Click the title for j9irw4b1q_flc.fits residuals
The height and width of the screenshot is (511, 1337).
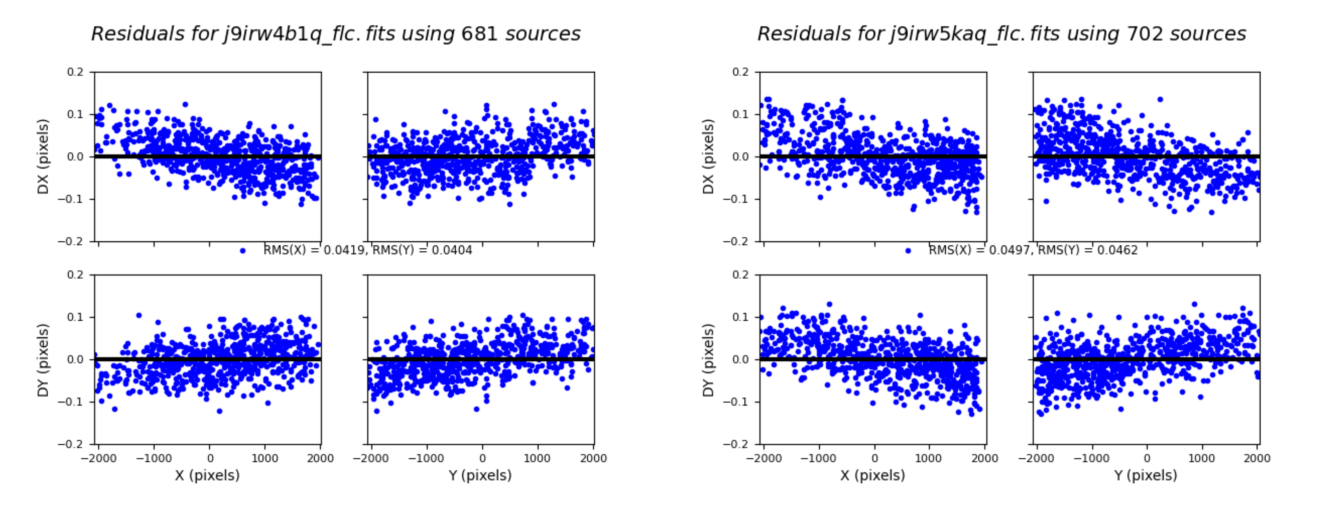[x=335, y=34]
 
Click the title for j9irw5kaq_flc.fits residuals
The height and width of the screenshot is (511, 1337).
[x=1001, y=34]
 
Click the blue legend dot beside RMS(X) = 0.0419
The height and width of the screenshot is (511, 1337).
[x=242, y=251]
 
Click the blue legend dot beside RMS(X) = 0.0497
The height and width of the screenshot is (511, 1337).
[x=908, y=251]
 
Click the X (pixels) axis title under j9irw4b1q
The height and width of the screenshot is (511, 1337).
[x=207, y=475]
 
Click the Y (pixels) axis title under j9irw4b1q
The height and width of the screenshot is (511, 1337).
[x=480, y=475]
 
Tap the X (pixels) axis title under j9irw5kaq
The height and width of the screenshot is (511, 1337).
[x=872, y=475]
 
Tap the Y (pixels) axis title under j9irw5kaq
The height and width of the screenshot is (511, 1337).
[x=1146, y=475]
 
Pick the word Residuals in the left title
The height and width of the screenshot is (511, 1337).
[x=138, y=34]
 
